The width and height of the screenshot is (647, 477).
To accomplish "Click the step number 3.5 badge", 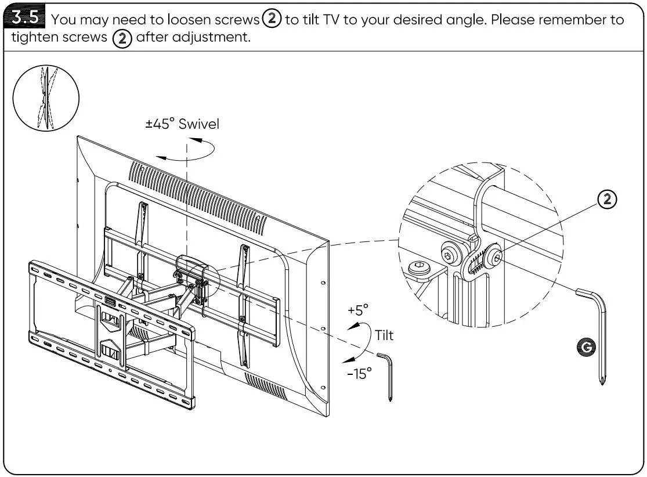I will [x=27, y=18].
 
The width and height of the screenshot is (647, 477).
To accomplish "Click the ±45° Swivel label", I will [x=182, y=124].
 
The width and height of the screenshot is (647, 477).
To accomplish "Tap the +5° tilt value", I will [x=358, y=310].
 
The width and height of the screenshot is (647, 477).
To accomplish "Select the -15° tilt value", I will [x=359, y=374].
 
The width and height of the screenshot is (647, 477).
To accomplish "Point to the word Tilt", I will [x=384, y=335].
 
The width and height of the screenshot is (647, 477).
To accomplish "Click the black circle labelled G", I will [x=588, y=347].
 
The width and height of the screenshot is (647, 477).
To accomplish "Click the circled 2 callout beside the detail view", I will [x=607, y=200].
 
